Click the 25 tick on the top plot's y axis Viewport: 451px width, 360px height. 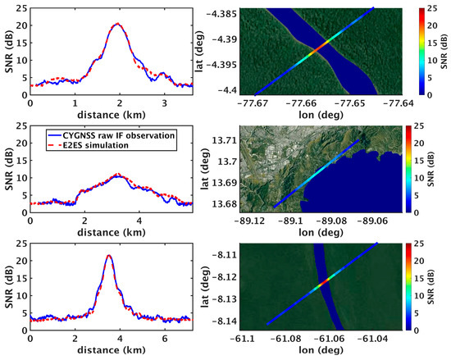tap(20, 7)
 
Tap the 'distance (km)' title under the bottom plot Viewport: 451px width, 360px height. tap(109, 351)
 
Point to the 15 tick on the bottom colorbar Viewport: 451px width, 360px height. tap(428, 275)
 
